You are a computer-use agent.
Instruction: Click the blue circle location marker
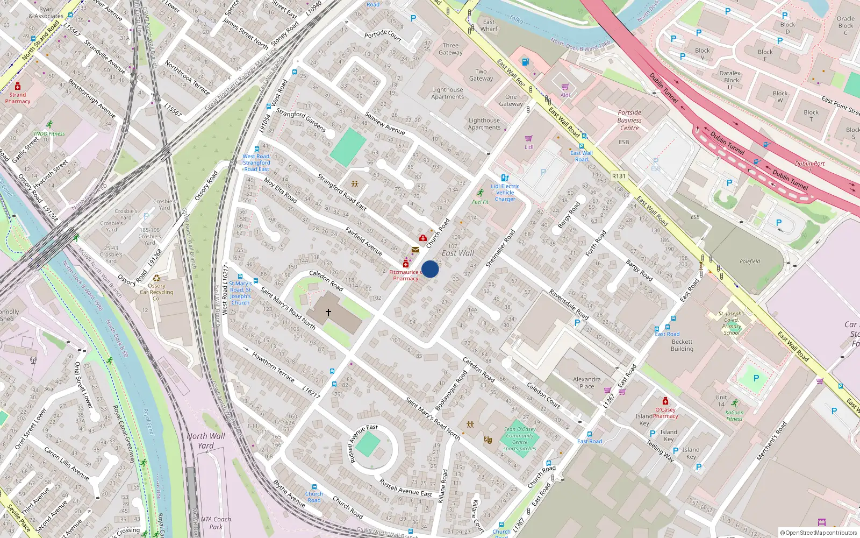[430, 269]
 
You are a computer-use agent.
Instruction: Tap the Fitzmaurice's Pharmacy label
[405, 275]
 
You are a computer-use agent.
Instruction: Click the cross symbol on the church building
[328, 312]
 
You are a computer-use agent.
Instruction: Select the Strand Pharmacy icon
[18, 87]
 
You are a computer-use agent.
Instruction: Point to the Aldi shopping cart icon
[565, 87]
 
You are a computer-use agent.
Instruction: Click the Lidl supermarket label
[529, 147]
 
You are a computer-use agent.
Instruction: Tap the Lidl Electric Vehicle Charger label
[505, 193]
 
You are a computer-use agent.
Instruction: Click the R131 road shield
[619, 176]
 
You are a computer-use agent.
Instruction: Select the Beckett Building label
[682, 345]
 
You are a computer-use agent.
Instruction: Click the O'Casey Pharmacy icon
[665, 401]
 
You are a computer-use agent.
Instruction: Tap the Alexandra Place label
[586, 383]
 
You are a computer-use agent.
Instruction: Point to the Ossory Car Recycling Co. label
[156, 292]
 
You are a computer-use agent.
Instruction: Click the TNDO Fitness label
[49, 134]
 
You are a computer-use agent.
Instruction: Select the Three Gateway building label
[450, 49]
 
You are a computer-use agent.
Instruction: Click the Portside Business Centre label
[629, 121]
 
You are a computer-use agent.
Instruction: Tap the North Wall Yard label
[206, 441]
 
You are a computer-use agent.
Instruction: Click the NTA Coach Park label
[216, 523]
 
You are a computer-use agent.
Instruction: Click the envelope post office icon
[415, 250]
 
